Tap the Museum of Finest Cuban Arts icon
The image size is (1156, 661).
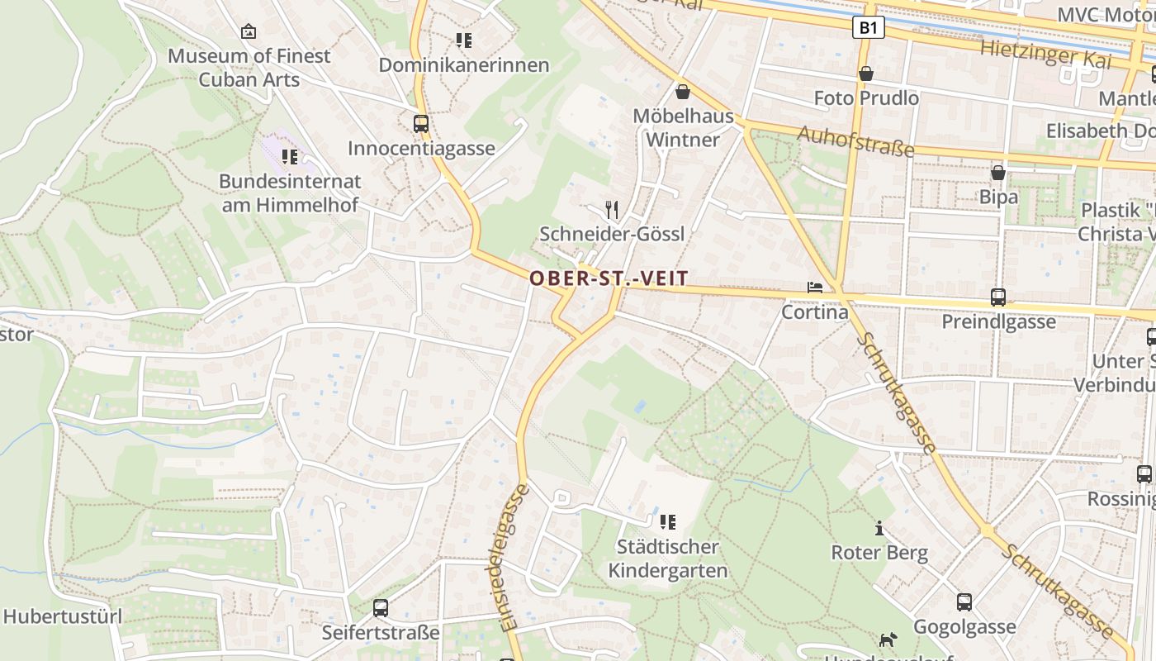point(248,32)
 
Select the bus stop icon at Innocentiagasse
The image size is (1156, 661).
point(421,124)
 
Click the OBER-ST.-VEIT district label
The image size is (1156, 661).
point(609,278)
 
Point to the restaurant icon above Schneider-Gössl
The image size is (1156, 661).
point(612,210)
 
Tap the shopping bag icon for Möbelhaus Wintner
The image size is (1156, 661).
point(683,91)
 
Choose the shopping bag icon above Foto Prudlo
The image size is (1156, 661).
point(866,74)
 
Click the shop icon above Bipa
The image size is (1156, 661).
point(998,173)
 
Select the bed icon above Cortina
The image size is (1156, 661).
point(815,288)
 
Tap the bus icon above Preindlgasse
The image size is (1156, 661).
point(998,297)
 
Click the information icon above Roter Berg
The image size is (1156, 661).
point(879,528)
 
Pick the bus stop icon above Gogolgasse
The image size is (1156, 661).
point(964,602)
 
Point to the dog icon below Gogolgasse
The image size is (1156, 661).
point(888,640)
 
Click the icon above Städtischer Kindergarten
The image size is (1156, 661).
point(668,521)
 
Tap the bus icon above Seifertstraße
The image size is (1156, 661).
point(380,608)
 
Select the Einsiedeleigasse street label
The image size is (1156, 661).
point(514,559)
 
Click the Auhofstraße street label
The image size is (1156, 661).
point(855,141)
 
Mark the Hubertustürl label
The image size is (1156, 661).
point(63,616)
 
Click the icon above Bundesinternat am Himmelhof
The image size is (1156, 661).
point(289,156)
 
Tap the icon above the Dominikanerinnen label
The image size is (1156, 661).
point(463,40)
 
